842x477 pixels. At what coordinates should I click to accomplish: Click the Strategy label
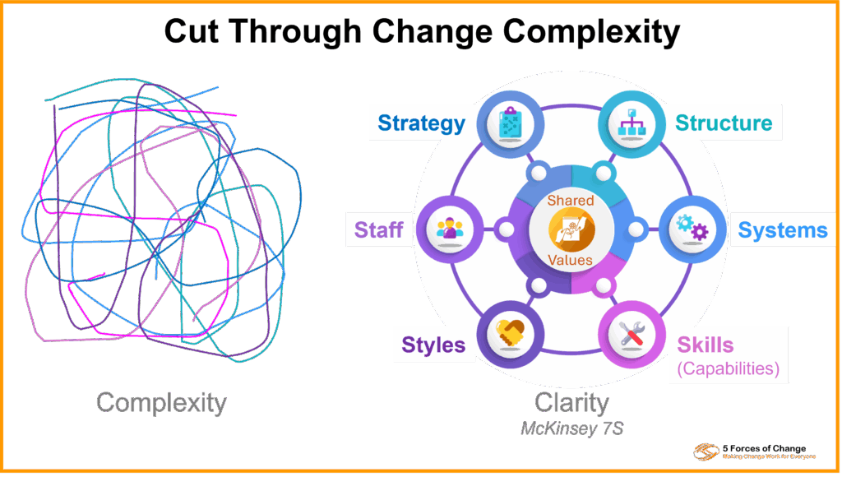click(422, 123)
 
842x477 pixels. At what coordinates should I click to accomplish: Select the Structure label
click(724, 123)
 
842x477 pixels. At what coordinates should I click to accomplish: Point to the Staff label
click(378, 229)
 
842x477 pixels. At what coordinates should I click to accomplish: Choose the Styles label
click(433, 344)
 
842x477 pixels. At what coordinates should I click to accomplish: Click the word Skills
click(705, 344)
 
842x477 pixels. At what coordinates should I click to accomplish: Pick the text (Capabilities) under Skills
click(728, 368)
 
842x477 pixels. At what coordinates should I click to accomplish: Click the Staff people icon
click(449, 229)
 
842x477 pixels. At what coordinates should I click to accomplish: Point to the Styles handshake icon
click(511, 334)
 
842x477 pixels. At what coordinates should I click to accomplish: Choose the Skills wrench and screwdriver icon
click(631, 334)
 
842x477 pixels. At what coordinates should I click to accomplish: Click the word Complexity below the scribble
click(161, 402)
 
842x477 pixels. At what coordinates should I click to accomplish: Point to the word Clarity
click(571, 402)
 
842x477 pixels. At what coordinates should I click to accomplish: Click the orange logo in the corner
click(706, 452)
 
